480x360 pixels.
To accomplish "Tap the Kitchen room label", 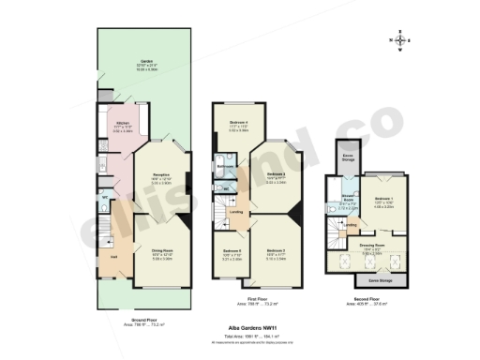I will point(121,122).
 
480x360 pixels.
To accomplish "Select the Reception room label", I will point(160,178).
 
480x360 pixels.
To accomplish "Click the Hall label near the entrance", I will point(113,256).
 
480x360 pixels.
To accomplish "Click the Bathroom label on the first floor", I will point(225,167).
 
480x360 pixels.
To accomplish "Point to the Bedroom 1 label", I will point(382,200).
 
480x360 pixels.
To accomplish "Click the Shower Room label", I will point(348,200).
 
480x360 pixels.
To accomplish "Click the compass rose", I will point(401,40).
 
